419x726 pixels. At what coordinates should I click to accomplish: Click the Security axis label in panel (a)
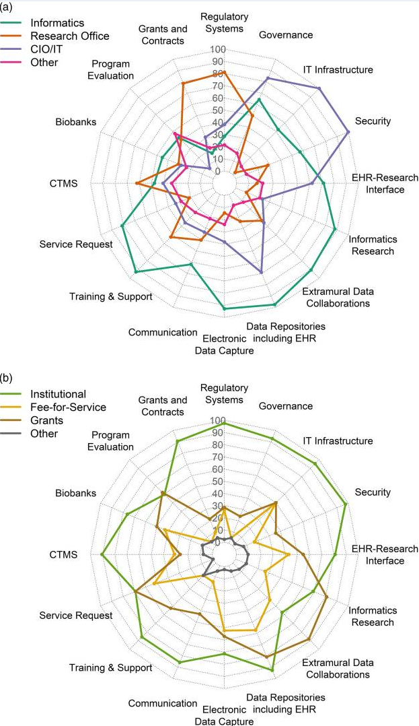click(373, 121)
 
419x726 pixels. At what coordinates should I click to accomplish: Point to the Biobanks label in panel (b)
click(76, 493)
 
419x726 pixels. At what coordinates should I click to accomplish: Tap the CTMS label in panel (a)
click(64, 184)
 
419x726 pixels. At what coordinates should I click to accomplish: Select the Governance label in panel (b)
click(286, 406)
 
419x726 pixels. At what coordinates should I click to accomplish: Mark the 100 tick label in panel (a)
click(217, 50)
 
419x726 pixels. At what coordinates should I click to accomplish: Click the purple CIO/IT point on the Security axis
click(348, 132)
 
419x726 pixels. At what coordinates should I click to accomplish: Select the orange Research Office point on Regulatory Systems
click(225, 72)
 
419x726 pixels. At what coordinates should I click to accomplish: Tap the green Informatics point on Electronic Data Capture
click(225, 308)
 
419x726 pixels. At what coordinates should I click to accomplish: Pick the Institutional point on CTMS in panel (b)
click(102, 554)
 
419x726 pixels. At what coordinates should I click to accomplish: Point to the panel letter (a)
click(7, 7)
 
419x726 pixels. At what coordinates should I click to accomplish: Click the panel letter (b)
click(7, 378)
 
